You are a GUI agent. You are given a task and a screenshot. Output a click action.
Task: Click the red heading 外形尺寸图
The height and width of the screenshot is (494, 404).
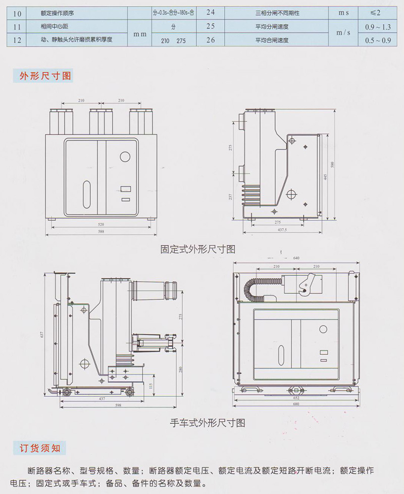click(x=45, y=76)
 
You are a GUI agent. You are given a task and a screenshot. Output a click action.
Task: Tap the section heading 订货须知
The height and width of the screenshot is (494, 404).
click(x=39, y=448)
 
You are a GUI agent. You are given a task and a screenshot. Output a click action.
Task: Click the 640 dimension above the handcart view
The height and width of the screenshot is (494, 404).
click(x=296, y=258)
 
